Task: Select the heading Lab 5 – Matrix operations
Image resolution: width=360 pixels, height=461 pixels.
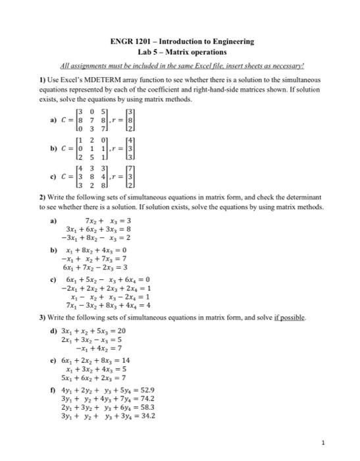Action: (x=181, y=51)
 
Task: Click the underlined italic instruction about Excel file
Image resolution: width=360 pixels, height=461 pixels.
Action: (x=181, y=66)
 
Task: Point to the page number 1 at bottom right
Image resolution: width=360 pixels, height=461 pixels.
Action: (x=342, y=441)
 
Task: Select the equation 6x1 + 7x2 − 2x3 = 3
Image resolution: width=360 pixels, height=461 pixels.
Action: (x=92, y=269)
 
